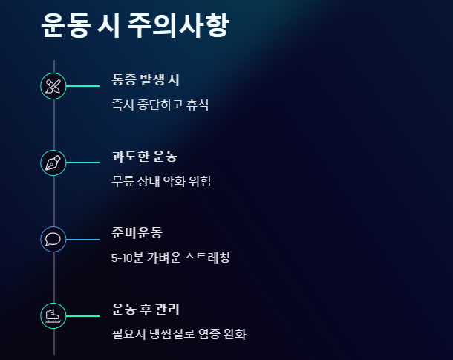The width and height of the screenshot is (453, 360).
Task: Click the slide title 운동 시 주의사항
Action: [134, 26]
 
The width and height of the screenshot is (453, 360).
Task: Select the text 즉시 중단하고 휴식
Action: [160, 105]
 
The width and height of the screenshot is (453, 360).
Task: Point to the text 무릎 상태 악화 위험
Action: [161, 181]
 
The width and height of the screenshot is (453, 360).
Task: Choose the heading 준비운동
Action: [137, 233]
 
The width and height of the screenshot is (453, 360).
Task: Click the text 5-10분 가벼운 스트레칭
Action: [170, 258]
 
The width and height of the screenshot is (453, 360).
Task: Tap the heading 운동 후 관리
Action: [146, 310]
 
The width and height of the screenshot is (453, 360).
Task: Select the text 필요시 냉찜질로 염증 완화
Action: [178, 334]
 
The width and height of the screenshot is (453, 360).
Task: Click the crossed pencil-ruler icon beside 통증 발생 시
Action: [53, 86]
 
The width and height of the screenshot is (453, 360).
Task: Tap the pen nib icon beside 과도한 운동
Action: [53, 163]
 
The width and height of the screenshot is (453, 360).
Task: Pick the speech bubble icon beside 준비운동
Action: [53, 239]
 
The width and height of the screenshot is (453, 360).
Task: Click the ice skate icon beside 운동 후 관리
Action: [53, 315]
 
